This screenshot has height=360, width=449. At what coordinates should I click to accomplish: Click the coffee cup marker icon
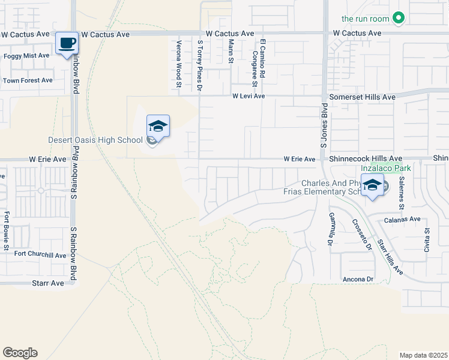[67, 43]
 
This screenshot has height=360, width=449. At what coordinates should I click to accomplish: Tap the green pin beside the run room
[398, 19]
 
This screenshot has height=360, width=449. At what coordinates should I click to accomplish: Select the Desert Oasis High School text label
[95, 140]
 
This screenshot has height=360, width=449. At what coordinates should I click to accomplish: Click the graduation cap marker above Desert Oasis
[158, 126]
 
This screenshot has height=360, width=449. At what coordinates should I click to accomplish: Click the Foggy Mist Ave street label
[26, 56]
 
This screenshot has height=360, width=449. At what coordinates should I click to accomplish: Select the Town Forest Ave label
[28, 80]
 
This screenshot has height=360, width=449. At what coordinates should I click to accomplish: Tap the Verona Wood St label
[178, 64]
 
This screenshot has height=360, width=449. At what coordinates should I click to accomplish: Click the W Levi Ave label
[249, 96]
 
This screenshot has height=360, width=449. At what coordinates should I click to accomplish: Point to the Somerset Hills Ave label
[363, 97]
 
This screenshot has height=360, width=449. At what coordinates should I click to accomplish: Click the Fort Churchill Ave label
[40, 255]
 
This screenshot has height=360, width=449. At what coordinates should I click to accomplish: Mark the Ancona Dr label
[358, 280]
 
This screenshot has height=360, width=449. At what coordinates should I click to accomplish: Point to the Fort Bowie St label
[7, 230]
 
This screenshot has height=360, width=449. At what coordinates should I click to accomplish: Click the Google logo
[20, 353]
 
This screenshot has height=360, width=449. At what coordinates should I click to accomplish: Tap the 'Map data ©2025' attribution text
[423, 355]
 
